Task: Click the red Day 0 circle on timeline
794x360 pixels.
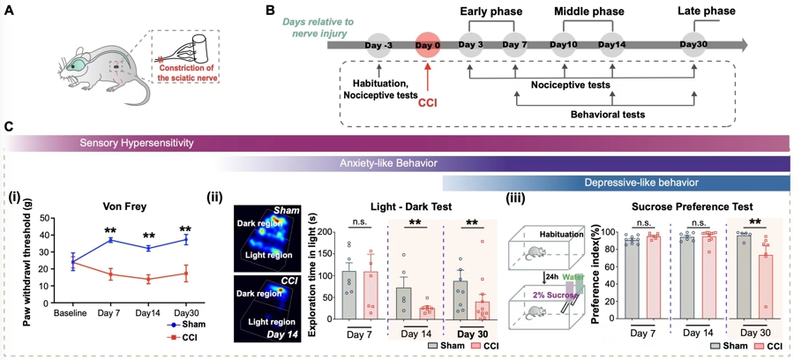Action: pyautogui.click(x=428, y=45)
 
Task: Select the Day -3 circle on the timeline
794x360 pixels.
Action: pyautogui.click(x=378, y=45)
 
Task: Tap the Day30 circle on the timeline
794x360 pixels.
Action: pyautogui.click(x=694, y=45)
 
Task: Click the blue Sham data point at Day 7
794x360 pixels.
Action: pyautogui.click(x=111, y=239)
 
